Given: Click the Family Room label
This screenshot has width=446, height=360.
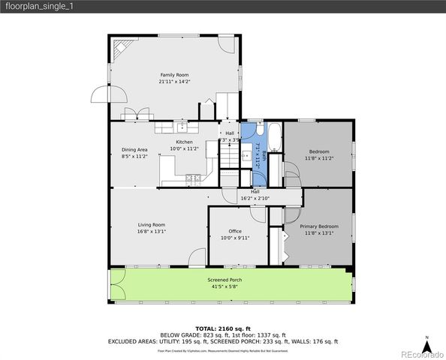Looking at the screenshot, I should pyautogui.click(x=173, y=75).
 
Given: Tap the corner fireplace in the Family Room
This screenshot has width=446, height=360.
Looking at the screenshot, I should pyautogui.click(x=119, y=49).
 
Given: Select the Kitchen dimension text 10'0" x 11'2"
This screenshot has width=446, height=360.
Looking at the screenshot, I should pyautogui.click(x=184, y=148).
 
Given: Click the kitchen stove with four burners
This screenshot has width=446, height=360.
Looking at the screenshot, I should pyautogui.click(x=193, y=178).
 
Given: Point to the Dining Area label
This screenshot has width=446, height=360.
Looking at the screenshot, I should pyautogui.click(x=134, y=149).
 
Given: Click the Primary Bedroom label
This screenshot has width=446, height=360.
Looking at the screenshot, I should pyautogui.click(x=319, y=226).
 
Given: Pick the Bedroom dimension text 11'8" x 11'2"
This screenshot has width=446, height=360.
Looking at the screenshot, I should pyautogui.click(x=318, y=158).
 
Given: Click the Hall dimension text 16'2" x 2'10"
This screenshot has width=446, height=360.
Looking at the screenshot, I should pyautogui.click(x=255, y=198).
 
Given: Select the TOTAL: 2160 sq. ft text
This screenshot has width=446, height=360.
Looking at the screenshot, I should pyautogui.click(x=223, y=328).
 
